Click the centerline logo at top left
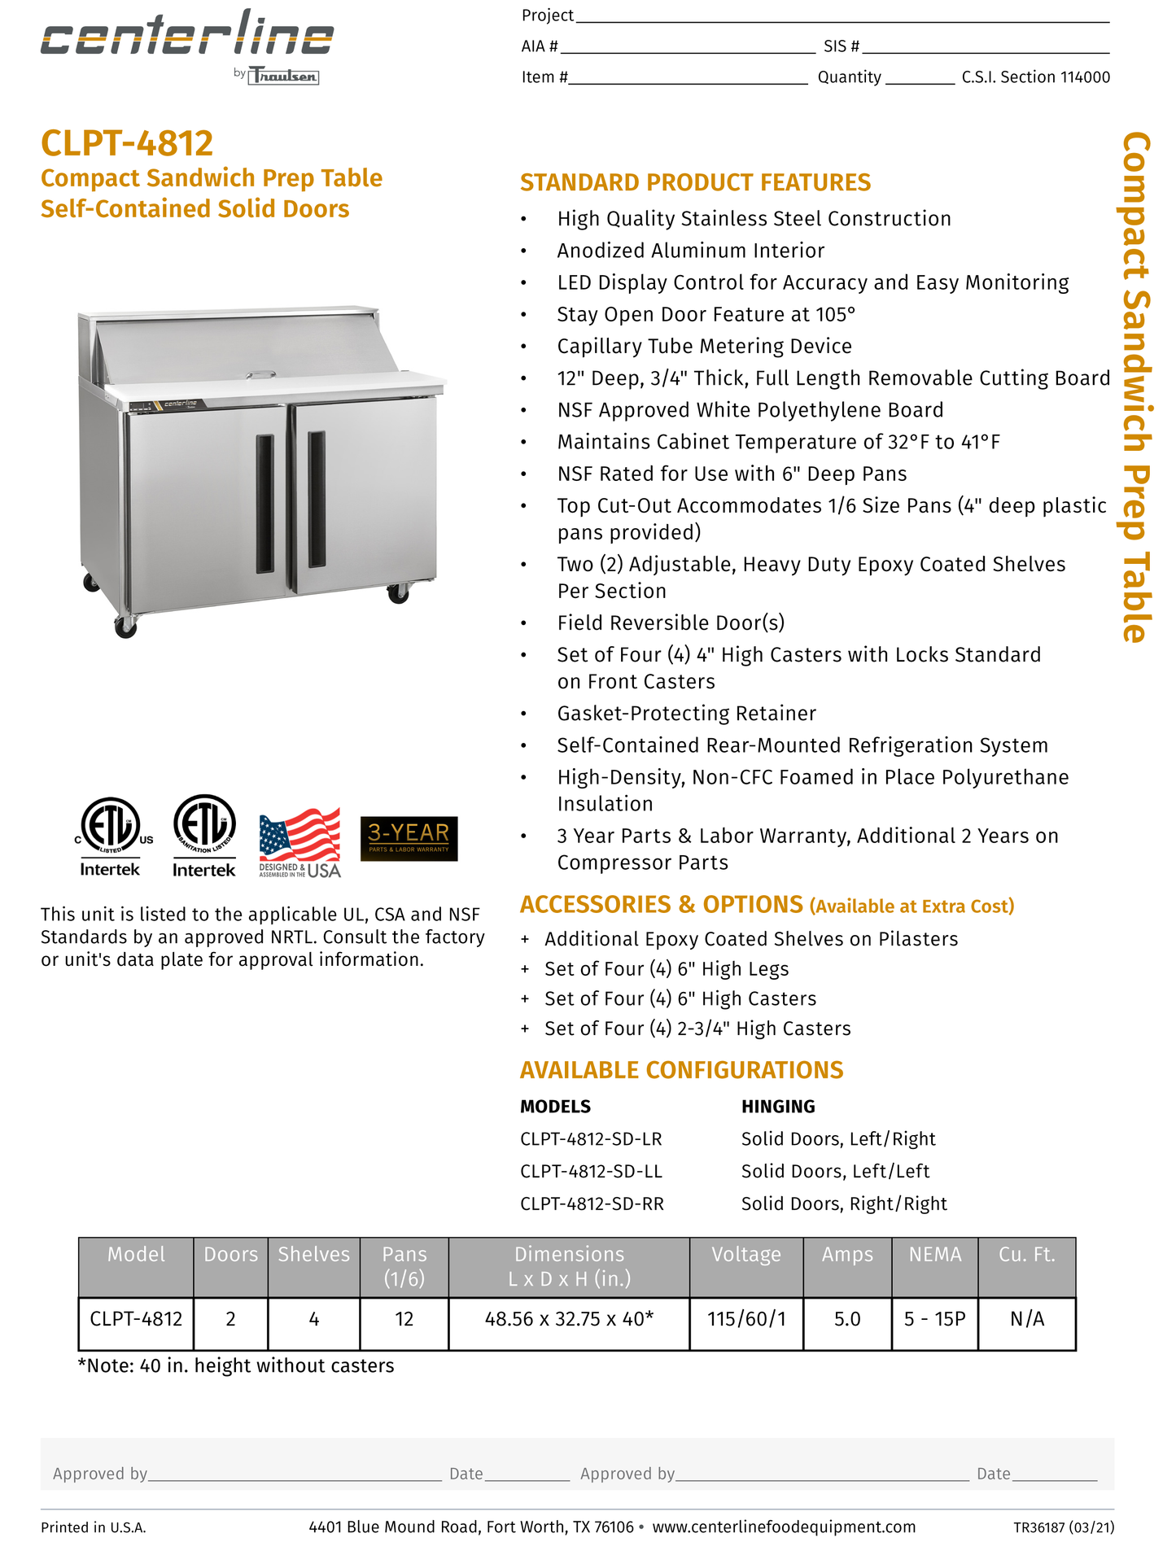[187, 37]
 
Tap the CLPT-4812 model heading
[127, 143]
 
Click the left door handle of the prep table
[264, 504]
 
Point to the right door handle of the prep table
[317, 499]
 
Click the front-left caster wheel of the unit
[125, 626]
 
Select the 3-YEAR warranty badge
[409, 838]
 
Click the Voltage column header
[745, 1255]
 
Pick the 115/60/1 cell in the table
[746, 1319]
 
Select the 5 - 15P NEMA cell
[934, 1319]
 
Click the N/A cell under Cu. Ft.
[1026, 1319]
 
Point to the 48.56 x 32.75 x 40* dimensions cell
[569, 1319]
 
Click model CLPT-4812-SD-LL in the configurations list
[591, 1172]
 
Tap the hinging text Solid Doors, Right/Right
[844, 1204]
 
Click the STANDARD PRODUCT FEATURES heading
[695, 182]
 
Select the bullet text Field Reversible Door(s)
[671, 623]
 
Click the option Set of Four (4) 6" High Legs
[667, 969]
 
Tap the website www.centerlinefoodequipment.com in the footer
[784, 1527]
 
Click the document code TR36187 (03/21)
[1064, 1527]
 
